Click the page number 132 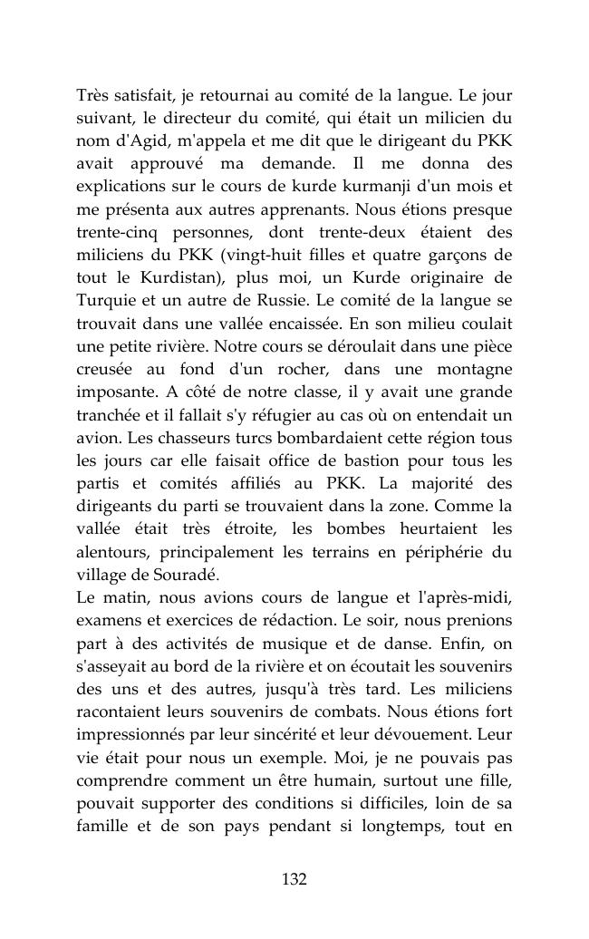294,879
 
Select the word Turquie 102,301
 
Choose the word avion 95,438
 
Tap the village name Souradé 188,575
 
